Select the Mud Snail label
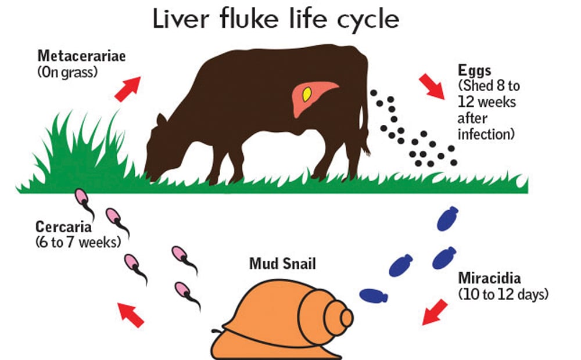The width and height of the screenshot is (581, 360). pyautogui.click(x=282, y=264)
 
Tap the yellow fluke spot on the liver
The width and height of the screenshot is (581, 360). pyautogui.click(x=306, y=94)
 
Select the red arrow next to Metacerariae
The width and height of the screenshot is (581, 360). pyautogui.click(x=128, y=88)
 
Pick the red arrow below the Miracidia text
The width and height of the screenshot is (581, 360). pyautogui.click(x=435, y=312)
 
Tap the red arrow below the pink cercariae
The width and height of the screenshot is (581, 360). pyautogui.click(x=131, y=314)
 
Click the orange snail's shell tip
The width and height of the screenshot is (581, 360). pyautogui.click(x=347, y=318)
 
